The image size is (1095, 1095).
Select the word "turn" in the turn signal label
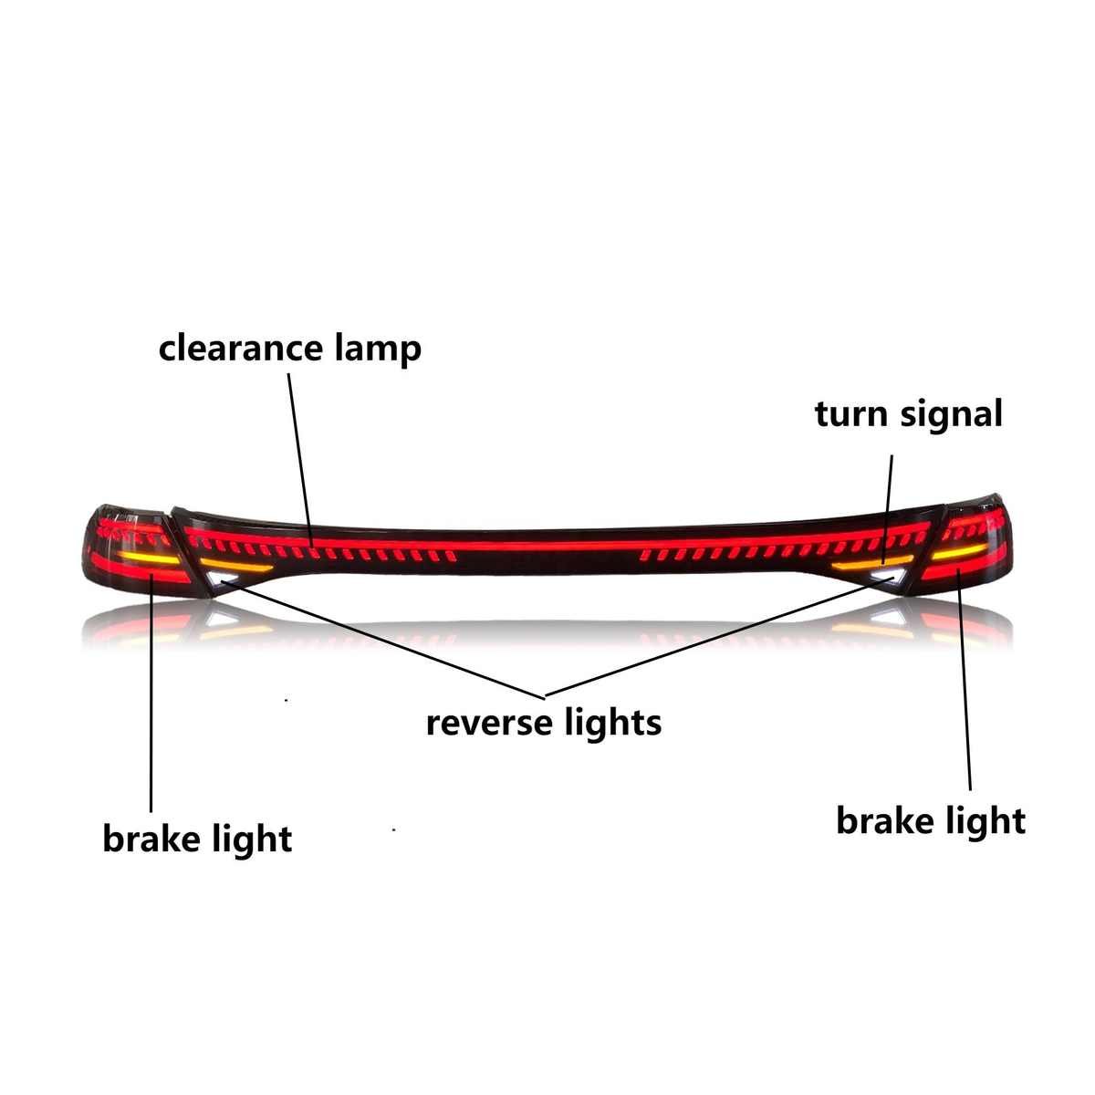850,414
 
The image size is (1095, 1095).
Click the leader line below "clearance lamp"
301,456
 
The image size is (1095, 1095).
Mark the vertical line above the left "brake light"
151,693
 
